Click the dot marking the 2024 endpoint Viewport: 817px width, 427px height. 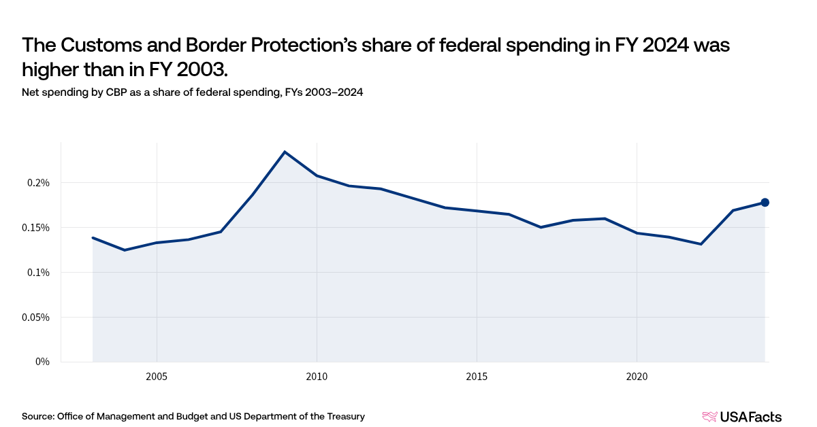tap(765, 202)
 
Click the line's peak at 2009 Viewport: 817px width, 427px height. tap(285, 152)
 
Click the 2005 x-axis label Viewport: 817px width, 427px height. tap(157, 376)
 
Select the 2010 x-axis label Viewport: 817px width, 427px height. tap(317, 376)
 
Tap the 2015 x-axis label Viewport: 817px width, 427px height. tap(477, 376)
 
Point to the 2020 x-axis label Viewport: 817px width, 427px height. tap(637, 376)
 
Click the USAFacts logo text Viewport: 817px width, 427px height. tap(752, 417)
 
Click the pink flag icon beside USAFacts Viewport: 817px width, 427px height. tap(709, 417)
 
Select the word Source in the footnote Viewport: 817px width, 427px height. tap(37, 416)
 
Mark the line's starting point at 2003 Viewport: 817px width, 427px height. tap(93, 237)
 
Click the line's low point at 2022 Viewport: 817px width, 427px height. tap(701, 244)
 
